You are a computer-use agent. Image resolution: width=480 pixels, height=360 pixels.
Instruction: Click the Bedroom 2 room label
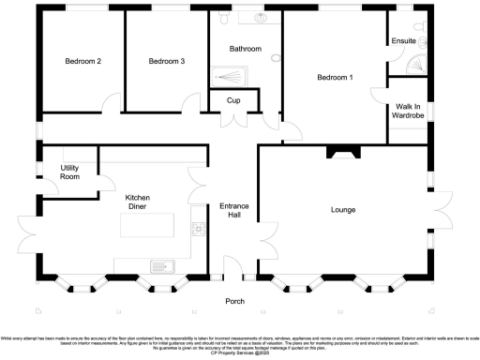[82, 61]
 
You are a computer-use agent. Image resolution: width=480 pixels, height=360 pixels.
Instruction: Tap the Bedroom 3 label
[166, 61]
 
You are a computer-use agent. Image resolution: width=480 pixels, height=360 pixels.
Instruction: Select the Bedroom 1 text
[335, 78]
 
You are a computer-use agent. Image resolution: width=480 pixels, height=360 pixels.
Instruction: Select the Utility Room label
[69, 172]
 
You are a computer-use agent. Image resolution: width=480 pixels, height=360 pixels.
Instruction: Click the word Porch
[233, 301]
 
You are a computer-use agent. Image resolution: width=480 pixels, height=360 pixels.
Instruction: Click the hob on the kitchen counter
[199, 229]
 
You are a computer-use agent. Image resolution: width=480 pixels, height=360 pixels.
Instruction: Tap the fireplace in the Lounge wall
[340, 151]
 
